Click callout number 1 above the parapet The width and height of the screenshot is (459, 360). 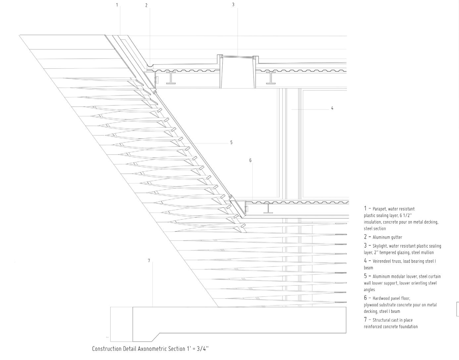(117, 5)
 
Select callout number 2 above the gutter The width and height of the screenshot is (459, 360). (146, 6)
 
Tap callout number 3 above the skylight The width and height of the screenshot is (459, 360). (233, 5)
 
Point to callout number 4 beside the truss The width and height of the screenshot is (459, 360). (332, 108)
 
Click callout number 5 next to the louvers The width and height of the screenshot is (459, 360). (231, 143)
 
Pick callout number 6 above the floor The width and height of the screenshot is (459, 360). (250, 160)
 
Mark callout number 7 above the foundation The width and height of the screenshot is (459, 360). (149, 261)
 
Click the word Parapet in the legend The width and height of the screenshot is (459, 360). (380, 209)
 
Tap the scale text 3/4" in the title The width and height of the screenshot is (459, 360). (203, 349)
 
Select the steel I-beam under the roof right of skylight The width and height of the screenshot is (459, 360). (271, 78)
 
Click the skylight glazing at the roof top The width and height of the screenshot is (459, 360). (237, 57)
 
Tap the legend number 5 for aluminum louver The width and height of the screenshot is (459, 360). (365, 276)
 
